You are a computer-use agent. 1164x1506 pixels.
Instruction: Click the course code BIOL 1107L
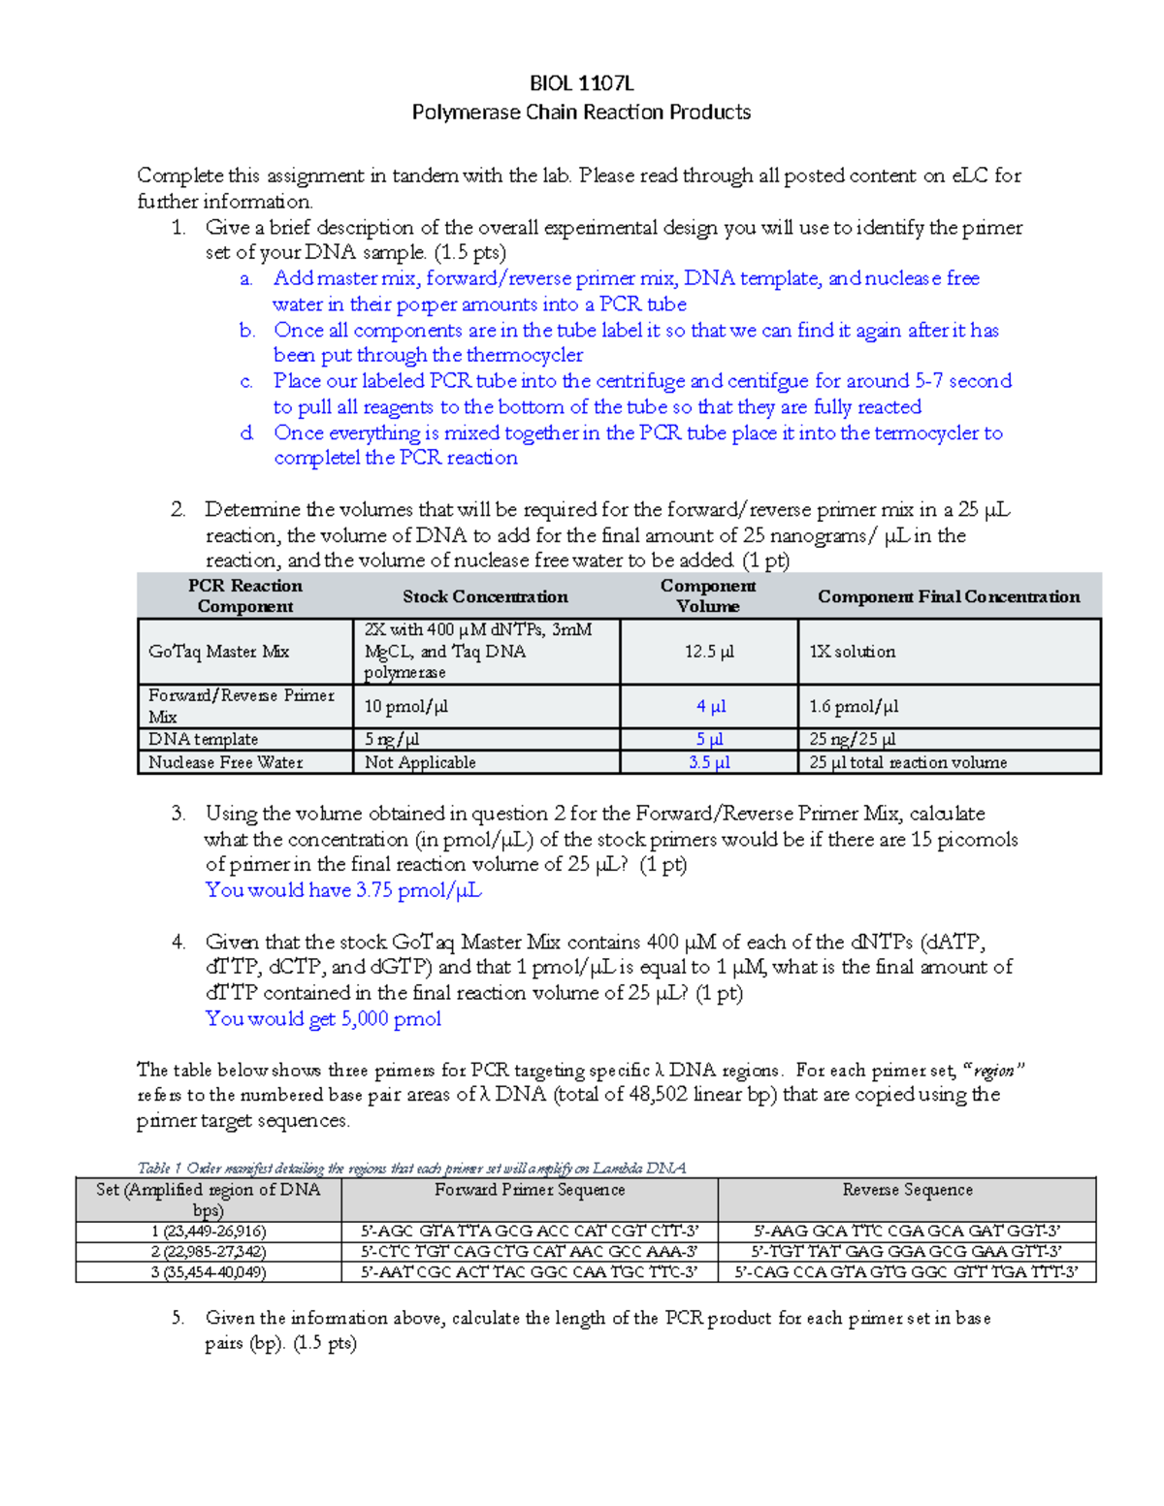pyautogui.click(x=581, y=83)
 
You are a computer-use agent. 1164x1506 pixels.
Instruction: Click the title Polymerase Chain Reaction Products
pyautogui.click(x=581, y=112)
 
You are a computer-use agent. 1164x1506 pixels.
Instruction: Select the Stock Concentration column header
pyautogui.click(x=485, y=596)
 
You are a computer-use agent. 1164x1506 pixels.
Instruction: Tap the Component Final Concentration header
pyautogui.click(x=948, y=596)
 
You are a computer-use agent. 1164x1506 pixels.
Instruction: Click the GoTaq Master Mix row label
pyautogui.click(x=218, y=652)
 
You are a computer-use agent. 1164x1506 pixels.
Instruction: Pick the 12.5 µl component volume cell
pyautogui.click(x=708, y=652)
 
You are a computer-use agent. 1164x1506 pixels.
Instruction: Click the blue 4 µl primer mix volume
pyautogui.click(x=710, y=707)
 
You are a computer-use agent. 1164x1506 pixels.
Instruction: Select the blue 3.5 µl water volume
pyautogui.click(x=709, y=763)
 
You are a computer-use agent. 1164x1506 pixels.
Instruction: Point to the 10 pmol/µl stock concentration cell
pyautogui.click(x=405, y=707)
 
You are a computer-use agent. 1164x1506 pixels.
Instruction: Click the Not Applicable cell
pyautogui.click(x=420, y=763)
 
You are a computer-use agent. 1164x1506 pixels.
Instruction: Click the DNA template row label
pyautogui.click(x=203, y=740)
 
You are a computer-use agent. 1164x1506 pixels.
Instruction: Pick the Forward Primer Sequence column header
pyautogui.click(x=530, y=1190)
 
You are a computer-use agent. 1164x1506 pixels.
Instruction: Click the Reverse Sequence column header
pyautogui.click(x=907, y=1190)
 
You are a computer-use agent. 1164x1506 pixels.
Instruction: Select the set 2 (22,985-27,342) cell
pyautogui.click(x=209, y=1252)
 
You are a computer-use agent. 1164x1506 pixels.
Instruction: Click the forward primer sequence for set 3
pyautogui.click(x=529, y=1272)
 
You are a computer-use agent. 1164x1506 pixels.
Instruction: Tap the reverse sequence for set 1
pyautogui.click(x=907, y=1232)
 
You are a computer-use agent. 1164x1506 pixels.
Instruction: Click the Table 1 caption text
pyautogui.click(x=411, y=1169)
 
